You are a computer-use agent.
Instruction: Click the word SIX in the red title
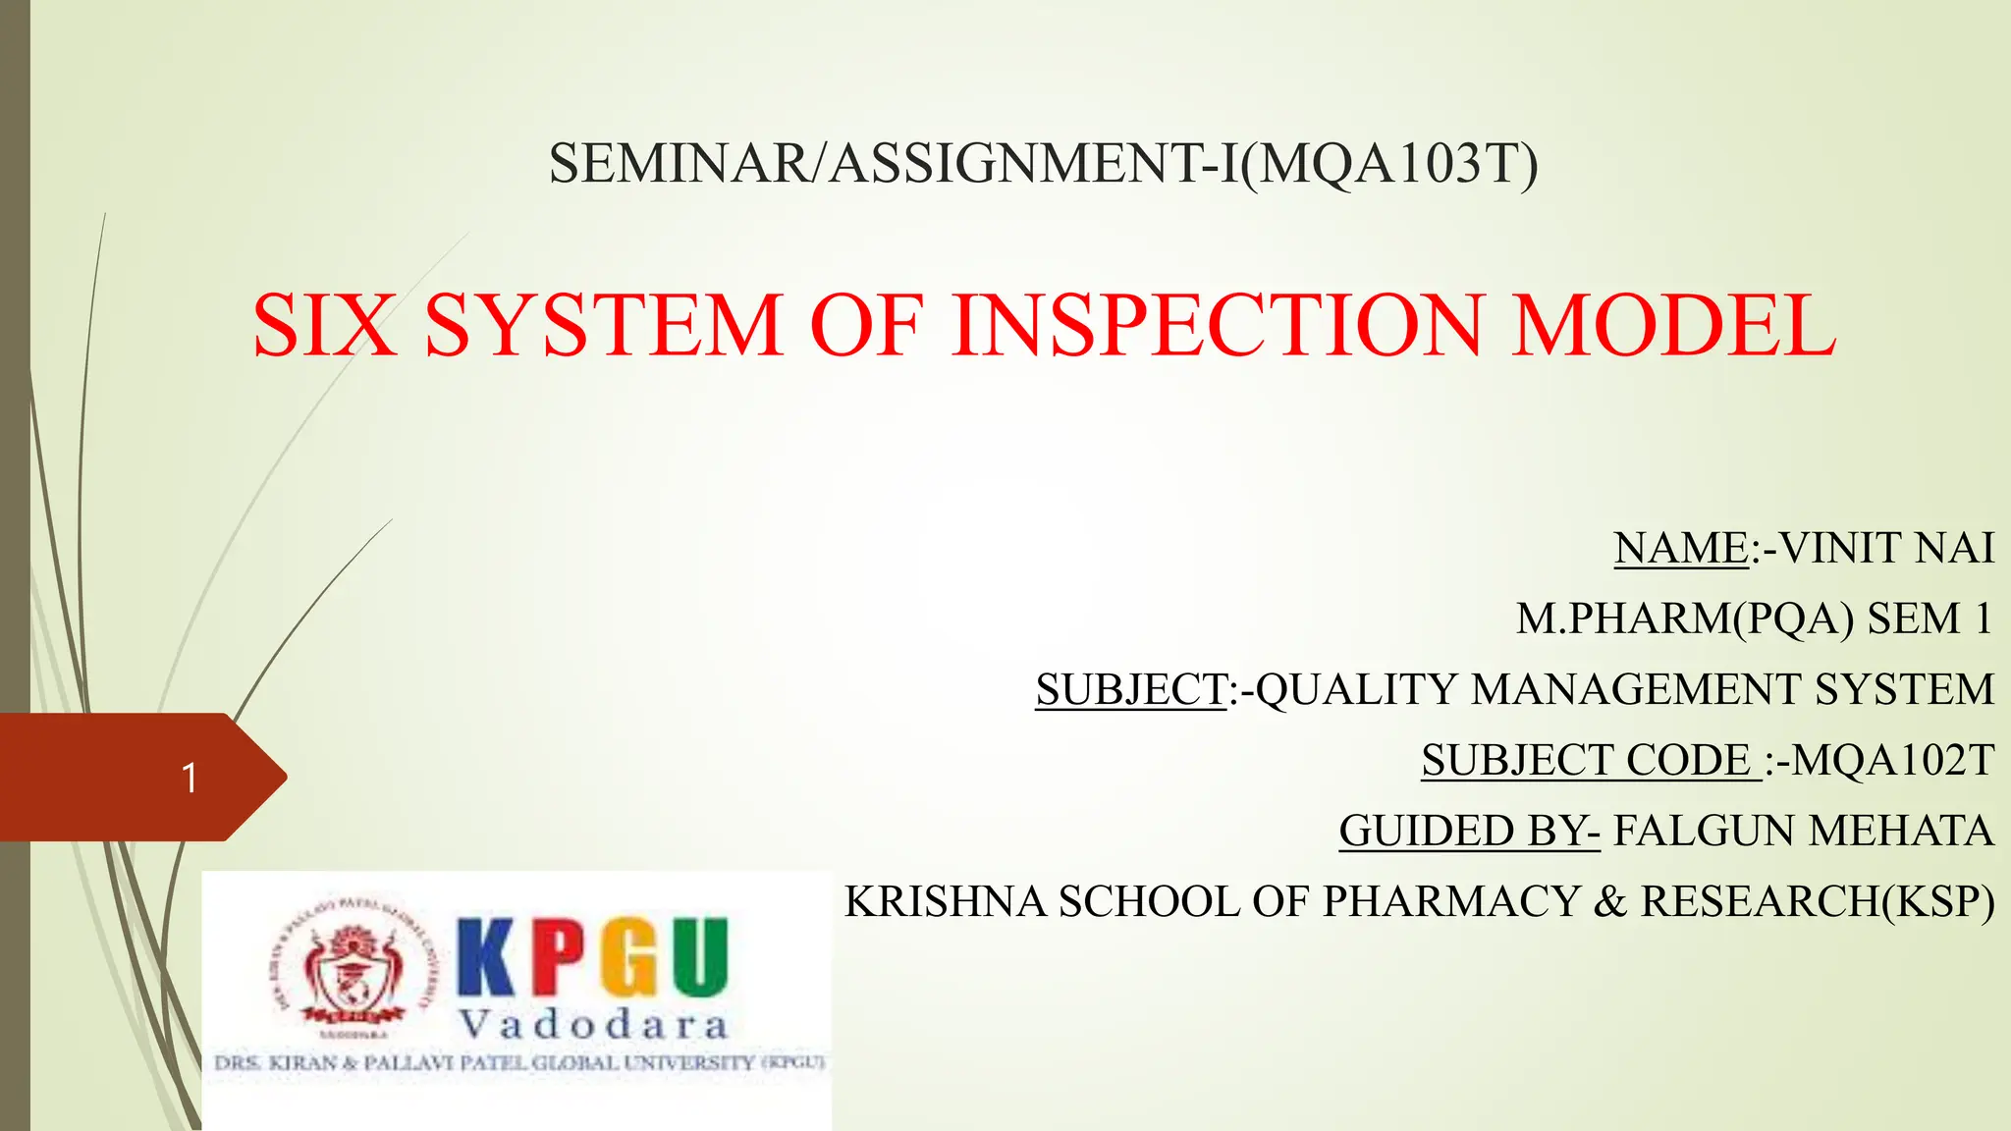[325, 325]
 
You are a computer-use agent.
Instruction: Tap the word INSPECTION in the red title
[1217, 325]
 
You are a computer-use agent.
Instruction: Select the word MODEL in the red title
[1673, 325]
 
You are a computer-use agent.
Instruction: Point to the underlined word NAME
[1681, 548]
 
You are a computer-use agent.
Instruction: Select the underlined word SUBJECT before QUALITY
[1131, 689]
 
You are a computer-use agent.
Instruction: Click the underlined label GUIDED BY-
[1469, 831]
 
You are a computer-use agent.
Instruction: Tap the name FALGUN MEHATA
[1803, 831]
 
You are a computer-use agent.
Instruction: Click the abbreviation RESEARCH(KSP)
[1818, 901]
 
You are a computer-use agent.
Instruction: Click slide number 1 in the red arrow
[190, 779]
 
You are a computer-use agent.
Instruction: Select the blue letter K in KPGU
[489, 957]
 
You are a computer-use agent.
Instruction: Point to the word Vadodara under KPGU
[594, 1025]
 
